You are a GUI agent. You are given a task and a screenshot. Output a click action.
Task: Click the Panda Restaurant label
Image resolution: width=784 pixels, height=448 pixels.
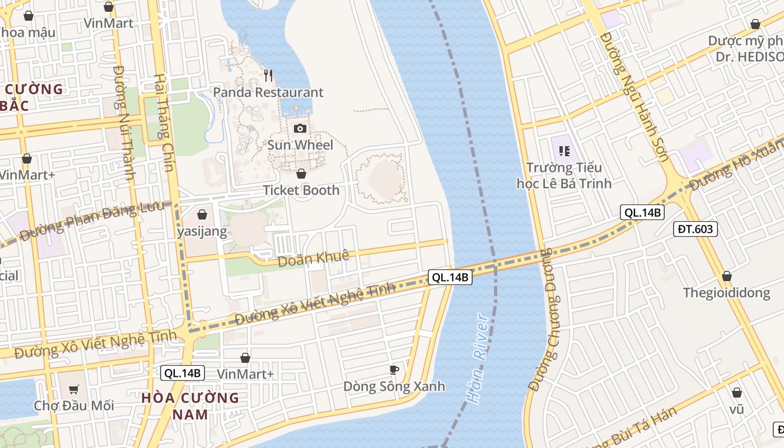coord(268,92)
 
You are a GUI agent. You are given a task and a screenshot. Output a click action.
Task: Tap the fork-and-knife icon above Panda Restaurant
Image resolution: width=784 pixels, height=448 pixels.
coord(269,74)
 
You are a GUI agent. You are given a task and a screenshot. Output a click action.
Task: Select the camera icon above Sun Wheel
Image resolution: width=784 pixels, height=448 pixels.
coord(300,128)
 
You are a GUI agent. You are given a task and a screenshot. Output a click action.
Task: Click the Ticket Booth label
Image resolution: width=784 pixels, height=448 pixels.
coord(301,190)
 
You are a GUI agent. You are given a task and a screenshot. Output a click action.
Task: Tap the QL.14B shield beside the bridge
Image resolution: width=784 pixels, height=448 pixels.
coord(450,277)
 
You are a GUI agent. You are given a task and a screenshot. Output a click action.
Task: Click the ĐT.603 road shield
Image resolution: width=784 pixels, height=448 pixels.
coord(695,228)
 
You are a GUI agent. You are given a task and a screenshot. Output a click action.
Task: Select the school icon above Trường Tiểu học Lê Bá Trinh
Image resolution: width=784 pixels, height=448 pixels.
coord(564,151)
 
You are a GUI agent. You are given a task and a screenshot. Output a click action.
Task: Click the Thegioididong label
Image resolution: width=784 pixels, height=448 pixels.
coord(726,293)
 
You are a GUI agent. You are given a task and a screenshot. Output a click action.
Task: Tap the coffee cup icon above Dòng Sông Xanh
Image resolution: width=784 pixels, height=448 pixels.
coord(394,369)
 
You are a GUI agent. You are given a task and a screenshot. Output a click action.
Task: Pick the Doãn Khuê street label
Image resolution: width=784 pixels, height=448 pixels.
coord(314,258)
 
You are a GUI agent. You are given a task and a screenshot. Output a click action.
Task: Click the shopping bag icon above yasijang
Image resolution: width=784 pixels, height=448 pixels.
coord(202,214)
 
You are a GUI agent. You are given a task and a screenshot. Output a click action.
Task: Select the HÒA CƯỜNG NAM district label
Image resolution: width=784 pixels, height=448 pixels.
coord(190,406)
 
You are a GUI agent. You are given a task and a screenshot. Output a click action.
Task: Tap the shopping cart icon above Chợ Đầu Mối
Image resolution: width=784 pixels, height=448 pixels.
coord(73,389)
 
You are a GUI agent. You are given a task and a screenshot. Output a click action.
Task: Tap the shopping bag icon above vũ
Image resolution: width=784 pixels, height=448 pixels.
coord(737,393)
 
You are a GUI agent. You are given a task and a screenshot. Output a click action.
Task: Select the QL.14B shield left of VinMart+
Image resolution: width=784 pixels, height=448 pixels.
coord(183,373)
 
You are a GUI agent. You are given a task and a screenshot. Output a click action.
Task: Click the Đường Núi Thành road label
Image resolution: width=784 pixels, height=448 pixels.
coord(124,123)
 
